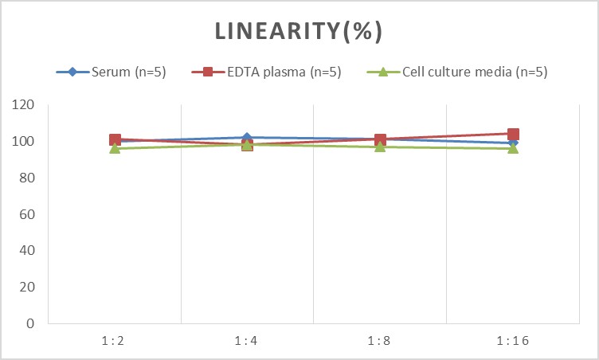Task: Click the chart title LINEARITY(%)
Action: pyautogui.click(x=299, y=31)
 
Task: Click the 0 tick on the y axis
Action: pyautogui.click(x=31, y=324)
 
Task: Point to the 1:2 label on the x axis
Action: pyautogui.click(x=115, y=341)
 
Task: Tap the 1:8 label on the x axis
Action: pyautogui.click(x=380, y=341)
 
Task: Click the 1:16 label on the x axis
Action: pyautogui.click(x=513, y=341)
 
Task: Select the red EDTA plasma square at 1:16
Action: pyautogui.click(x=513, y=135)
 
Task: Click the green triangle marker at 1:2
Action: pyautogui.click(x=115, y=148)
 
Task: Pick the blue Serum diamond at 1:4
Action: pyautogui.click(x=248, y=138)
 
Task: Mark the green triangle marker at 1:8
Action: pyautogui.click(x=380, y=147)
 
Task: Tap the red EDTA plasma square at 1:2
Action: pyautogui.click(x=115, y=140)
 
